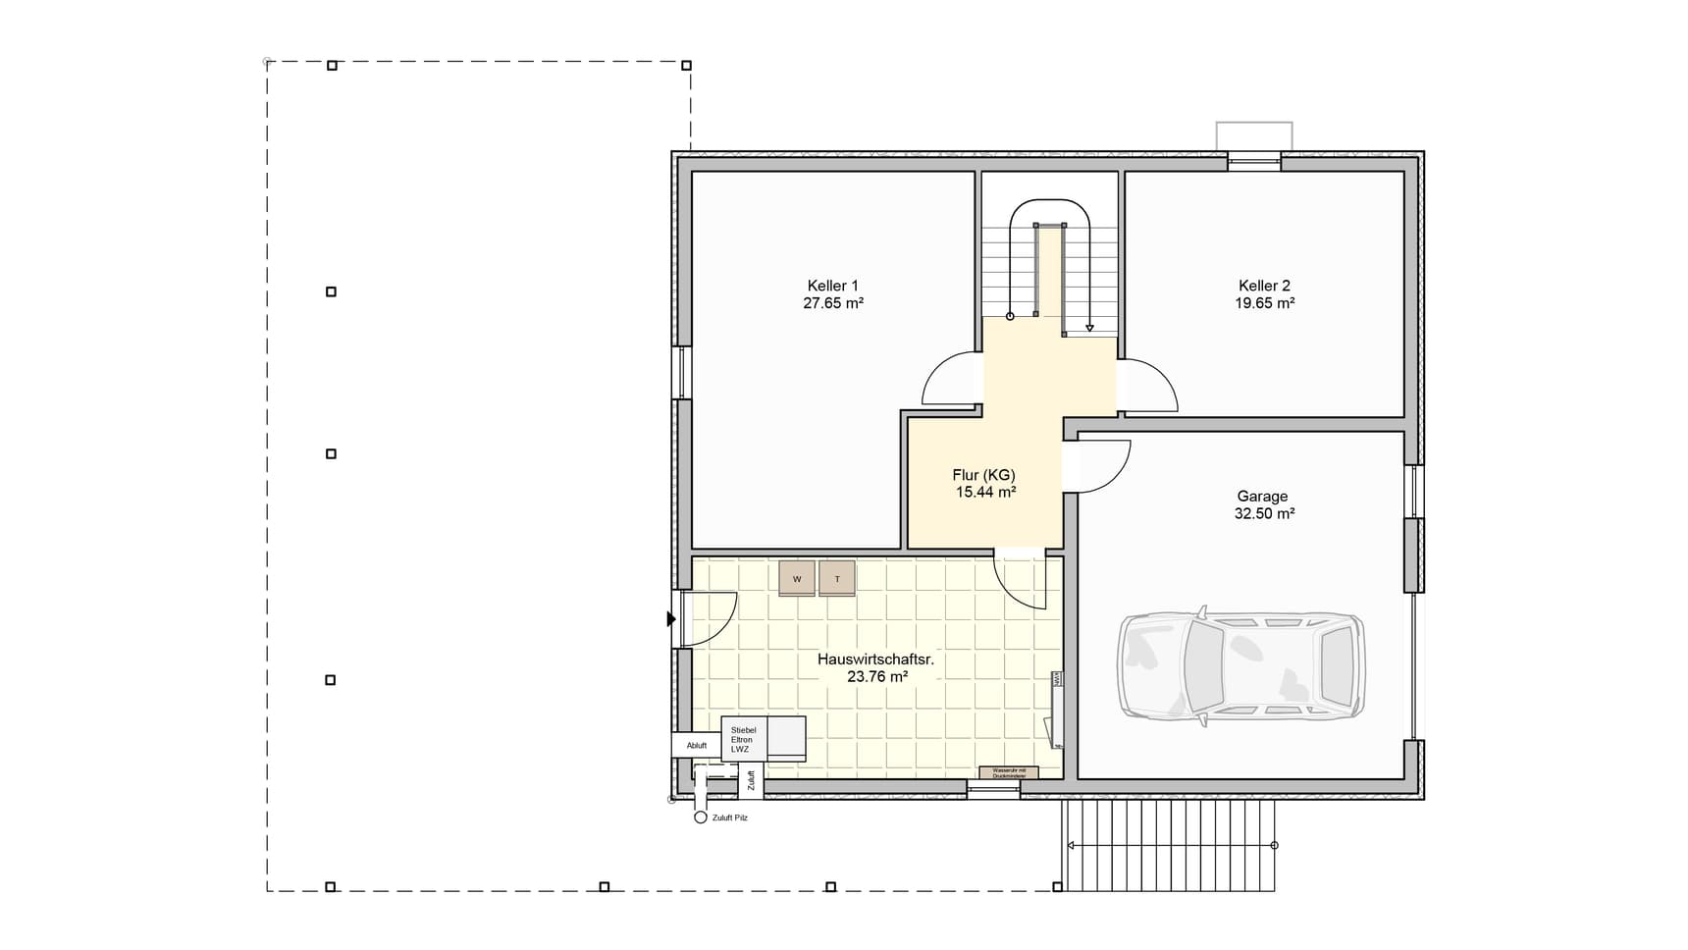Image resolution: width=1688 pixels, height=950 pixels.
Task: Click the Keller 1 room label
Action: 832,286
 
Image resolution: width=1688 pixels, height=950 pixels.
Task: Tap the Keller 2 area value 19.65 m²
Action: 1264,303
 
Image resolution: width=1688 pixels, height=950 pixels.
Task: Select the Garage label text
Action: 1262,497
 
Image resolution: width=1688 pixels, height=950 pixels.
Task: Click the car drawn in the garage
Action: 1241,667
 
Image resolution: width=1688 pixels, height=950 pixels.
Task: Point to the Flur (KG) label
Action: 983,475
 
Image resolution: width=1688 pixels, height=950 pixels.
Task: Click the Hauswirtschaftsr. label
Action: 875,660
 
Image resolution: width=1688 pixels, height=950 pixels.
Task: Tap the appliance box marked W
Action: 797,579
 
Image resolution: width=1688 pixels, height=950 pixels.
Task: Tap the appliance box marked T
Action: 837,579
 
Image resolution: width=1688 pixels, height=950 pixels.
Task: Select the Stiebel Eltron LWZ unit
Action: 744,739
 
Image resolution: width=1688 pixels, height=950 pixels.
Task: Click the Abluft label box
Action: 696,745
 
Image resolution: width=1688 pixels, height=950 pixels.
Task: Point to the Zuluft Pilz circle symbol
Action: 701,818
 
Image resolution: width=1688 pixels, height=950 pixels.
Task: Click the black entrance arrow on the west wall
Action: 671,619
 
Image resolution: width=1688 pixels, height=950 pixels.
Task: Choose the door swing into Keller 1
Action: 949,380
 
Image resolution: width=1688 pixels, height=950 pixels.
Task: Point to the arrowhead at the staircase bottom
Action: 1089,328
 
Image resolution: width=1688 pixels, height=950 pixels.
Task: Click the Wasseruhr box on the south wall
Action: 1009,773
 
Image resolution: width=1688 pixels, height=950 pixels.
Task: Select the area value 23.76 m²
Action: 876,676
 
